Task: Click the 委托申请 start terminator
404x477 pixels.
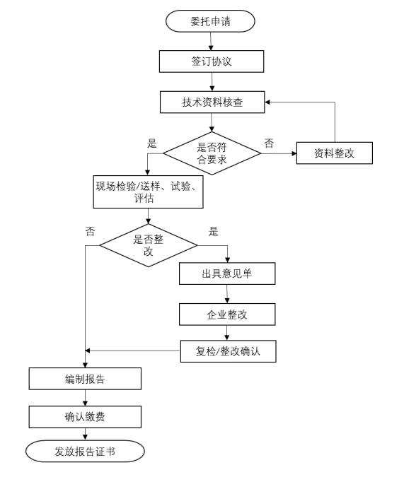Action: [x=210, y=21]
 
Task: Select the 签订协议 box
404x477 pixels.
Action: [x=212, y=61]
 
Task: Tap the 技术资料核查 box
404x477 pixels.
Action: [x=212, y=102]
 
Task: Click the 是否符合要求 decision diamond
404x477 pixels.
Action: [x=212, y=153]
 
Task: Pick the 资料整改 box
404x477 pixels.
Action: [x=335, y=153]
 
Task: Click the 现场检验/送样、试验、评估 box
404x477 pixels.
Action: [x=149, y=192]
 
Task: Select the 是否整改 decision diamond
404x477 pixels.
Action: [x=149, y=245]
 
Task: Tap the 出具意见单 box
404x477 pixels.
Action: [x=227, y=273]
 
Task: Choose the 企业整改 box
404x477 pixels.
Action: [x=227, y=314]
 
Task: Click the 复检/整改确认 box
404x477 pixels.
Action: [x=229, y=351]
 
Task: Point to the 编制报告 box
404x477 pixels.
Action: [x=85, y=379]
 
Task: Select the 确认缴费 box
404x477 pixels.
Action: [x=85, y=417]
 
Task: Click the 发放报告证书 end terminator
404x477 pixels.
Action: [x=85, y=451]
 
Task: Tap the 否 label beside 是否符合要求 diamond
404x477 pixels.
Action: [x=269, y=143]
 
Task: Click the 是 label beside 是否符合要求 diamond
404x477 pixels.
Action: [x=151, y=143]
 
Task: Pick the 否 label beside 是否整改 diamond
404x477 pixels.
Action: [x=90, y=232]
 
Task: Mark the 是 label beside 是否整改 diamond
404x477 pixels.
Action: [x=213, y=232]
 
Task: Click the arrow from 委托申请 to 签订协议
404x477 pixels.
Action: [x=211, y=41]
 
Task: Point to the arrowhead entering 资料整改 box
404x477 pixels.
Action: [x=294, y=153]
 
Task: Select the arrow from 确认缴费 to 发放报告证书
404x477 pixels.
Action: [x=85, y=434]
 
